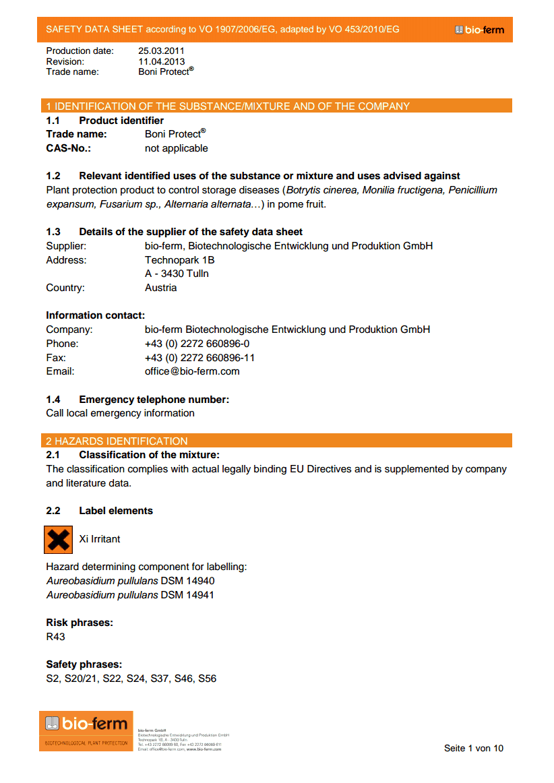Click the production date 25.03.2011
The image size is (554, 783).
[x=161, y=51]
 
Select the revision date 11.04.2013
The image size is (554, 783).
[x=161, y=61]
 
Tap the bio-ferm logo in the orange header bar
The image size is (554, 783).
[x=479, y=30]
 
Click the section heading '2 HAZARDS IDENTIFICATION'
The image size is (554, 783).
[x=117, y=441]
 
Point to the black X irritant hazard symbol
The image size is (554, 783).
[x=58, y=540]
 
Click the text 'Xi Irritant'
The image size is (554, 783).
[x=100, y=539]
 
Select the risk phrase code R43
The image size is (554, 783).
[x=55, y=637]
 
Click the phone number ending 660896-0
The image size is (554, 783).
[x=197, y=344]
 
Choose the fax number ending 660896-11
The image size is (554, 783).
[x=199, y=358]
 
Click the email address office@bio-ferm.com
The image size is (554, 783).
[x=192, y=371]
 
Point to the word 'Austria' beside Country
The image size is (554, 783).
[x=161, y=288]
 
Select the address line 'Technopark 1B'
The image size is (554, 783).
[x=180, y=260]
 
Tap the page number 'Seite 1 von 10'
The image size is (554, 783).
[x=473, y=748]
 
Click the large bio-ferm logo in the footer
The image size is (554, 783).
[x=86, y=725]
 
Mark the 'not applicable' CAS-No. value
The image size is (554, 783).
[x=177, y=148]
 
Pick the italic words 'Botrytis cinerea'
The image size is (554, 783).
[x=323, y=190]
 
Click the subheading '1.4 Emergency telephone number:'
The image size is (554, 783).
[x=137, y=400]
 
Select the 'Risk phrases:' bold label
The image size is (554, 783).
[x=80, y=623]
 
